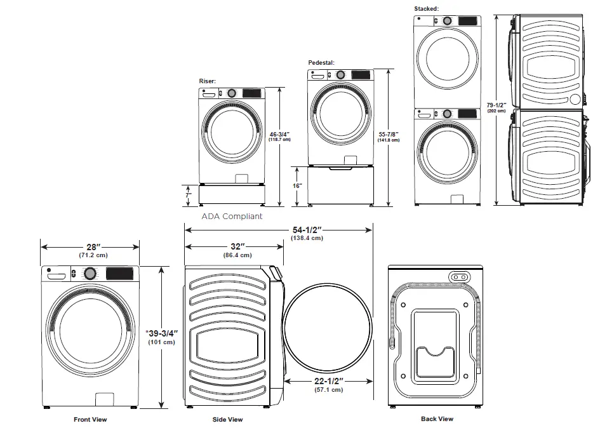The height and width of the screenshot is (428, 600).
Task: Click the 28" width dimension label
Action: [90, 246]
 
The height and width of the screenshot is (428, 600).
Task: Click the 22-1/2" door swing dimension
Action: [328, 380]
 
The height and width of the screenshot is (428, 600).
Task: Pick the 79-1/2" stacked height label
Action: [496, 105]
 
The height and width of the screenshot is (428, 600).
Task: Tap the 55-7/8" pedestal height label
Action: [388, 134]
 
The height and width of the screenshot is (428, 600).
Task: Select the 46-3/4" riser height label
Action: [279, 134]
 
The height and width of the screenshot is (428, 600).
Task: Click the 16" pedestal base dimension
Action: [297, 185]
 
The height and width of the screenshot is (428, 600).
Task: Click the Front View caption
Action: [90, 419]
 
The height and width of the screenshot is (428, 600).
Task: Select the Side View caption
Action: [227, 419]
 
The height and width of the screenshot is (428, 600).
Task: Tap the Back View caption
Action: [437, 418]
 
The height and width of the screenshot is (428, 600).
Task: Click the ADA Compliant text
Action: [232, 216]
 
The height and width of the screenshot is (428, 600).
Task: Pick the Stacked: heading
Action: [426, 8]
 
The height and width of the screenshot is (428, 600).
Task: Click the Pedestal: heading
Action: [321, 62]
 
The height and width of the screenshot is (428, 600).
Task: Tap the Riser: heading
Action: [208, 81]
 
